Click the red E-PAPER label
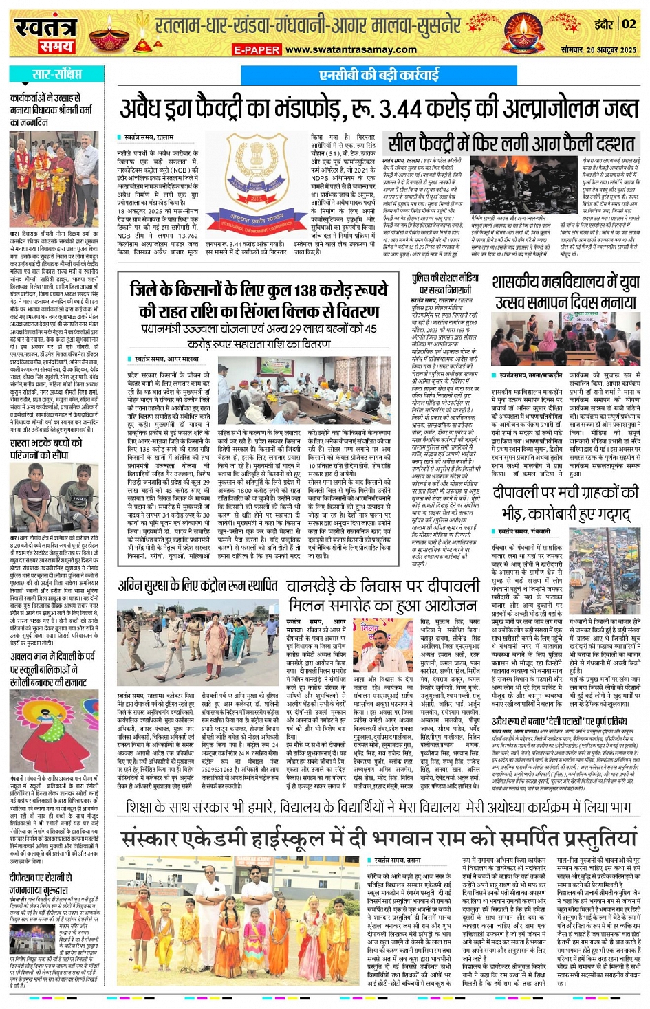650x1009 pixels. pos(257,49)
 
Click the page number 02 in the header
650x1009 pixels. pos(629,24)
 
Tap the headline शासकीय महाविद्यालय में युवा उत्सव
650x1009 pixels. pos(565,291)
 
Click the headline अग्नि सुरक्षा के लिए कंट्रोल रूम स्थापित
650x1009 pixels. pos(197,586)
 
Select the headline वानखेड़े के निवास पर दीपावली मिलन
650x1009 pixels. pos(383,595)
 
